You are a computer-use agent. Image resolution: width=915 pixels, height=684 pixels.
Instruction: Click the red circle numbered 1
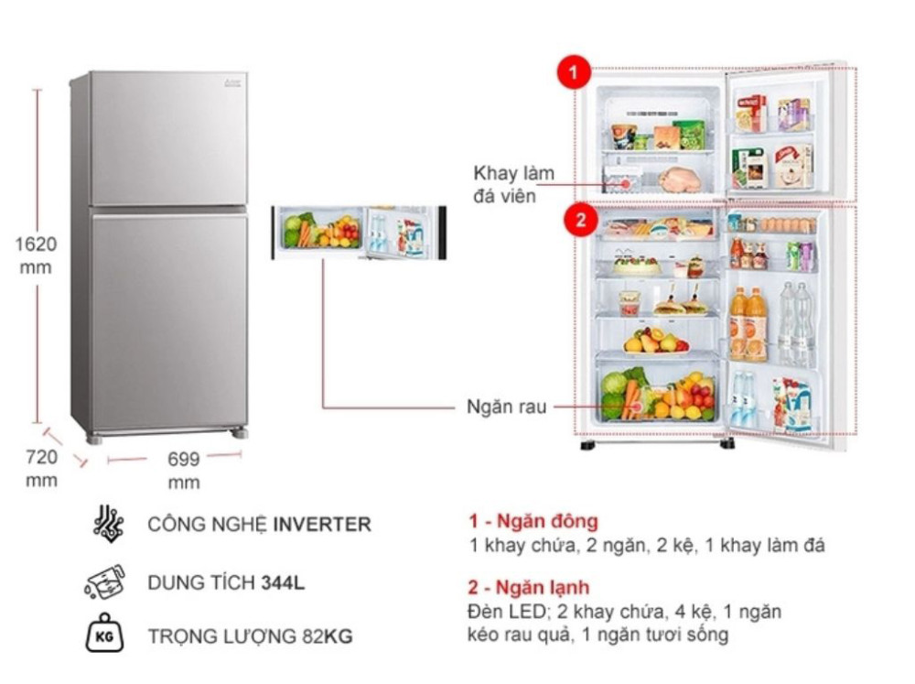574,72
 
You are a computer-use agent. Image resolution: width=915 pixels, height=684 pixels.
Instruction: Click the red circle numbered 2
581,221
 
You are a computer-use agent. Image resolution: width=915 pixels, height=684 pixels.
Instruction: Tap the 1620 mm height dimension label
36,255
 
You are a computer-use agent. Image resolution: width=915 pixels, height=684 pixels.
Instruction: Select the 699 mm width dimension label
184,471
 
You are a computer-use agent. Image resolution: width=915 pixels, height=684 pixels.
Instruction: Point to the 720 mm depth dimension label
41,469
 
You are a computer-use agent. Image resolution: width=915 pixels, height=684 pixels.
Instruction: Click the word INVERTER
322,524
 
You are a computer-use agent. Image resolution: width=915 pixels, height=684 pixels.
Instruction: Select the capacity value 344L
283,582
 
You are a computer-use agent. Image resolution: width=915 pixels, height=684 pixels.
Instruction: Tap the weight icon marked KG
105,634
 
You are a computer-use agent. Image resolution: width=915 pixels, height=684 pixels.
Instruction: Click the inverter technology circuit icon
108,524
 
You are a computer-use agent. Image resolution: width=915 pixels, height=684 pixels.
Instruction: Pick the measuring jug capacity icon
105,581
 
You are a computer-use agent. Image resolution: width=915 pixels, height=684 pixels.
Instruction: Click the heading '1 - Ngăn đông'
533,520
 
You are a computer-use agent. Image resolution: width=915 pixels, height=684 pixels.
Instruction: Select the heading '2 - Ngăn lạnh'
528,587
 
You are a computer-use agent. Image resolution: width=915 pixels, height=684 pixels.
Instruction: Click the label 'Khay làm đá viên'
513,185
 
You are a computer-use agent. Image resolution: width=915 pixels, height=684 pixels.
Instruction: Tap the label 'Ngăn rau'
507,407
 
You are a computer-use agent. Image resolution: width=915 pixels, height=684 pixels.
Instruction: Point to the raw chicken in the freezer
679,179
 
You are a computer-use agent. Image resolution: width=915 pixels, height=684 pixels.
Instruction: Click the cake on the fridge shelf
637,265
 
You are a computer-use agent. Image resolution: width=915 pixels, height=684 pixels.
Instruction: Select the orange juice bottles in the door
748,323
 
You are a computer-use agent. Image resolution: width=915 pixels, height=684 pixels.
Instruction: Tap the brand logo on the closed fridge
232,81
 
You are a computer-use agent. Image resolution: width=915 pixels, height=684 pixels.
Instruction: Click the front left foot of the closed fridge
93,439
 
